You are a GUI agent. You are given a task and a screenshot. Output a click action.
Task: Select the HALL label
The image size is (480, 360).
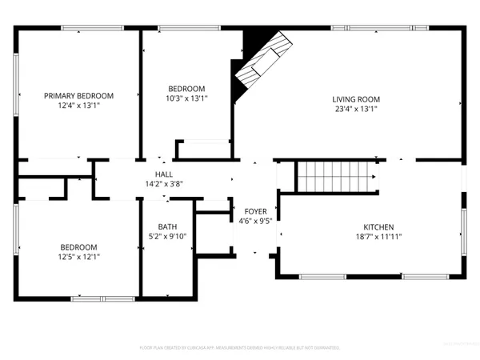pos(164,174)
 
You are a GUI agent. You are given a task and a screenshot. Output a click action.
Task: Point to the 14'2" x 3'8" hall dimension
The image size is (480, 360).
pos(164,183)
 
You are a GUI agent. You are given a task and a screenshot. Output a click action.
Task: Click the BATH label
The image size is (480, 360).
pos(167,226)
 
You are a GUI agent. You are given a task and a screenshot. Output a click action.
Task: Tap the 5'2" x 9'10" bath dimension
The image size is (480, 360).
pos(167,236)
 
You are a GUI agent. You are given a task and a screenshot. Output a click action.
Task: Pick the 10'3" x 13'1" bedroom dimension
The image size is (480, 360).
pos(186,98)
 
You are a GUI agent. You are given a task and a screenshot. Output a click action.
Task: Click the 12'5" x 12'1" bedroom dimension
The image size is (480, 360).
pos(78,256)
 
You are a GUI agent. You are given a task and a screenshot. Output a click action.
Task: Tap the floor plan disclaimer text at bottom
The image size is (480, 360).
pos(240,348)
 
